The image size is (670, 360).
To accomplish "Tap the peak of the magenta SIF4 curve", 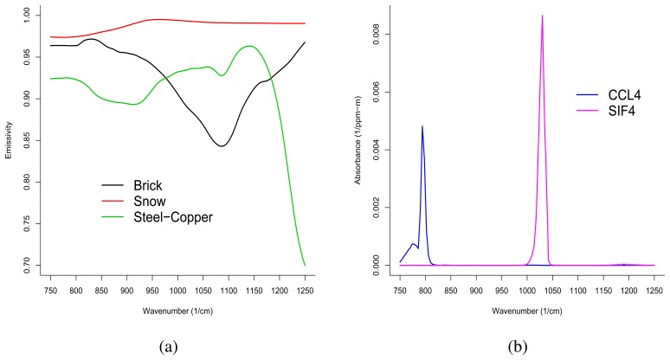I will [x=543, y=16].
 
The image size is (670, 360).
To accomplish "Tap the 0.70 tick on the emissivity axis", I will [x=28, y=265].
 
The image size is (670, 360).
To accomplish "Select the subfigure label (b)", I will [x=515, y=347].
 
